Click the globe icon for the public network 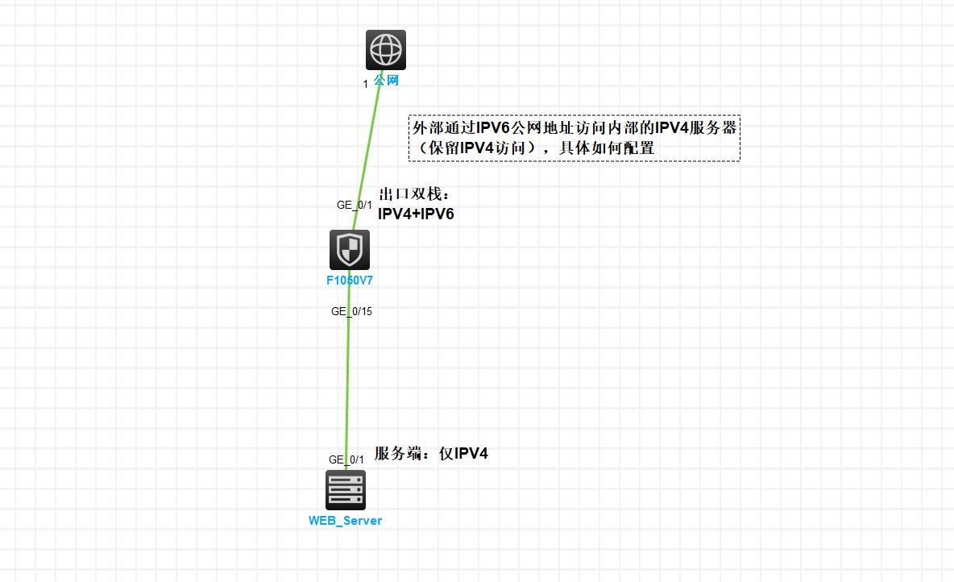pos(386,50)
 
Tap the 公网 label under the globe pos(386,81)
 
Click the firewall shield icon pos(350,250)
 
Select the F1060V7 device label pos(349,281)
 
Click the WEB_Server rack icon pos(346,489)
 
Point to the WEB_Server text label pos(345,521)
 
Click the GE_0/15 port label pos(351,312)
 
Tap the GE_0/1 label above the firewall pos(355,205)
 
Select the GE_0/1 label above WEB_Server pos(346,459)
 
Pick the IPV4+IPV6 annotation pos(416,214)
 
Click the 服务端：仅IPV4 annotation pos(431,454)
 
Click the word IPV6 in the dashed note pos(493,128)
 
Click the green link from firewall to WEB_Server pos(347,379)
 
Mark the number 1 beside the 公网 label pos(366,84)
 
